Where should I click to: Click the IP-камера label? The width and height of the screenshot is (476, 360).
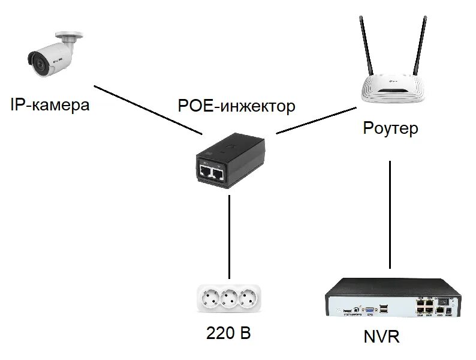click(x=50, y=106)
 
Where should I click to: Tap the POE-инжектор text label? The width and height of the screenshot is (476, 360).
click(x=237, y=106)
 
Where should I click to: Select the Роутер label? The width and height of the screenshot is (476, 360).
click(x=391, y=128)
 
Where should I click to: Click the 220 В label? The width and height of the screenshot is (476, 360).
click(x=228, y=333)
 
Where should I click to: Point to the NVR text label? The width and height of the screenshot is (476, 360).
click(x=381, y=337)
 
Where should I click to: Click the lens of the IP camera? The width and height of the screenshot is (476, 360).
click(x=35, y=59)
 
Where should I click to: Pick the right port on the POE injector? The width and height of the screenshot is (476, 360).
click(x=219, y=174)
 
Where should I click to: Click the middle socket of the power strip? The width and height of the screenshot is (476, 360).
click(x=228, y=298)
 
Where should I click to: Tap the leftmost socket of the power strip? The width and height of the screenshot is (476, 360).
click(x=211, y=298)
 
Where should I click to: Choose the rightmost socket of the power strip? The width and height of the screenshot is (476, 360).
click(x=245, y=298)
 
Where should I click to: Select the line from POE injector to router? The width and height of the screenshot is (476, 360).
click(x=316, y=121)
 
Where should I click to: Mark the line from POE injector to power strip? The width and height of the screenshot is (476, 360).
click(x=229, y=234)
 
